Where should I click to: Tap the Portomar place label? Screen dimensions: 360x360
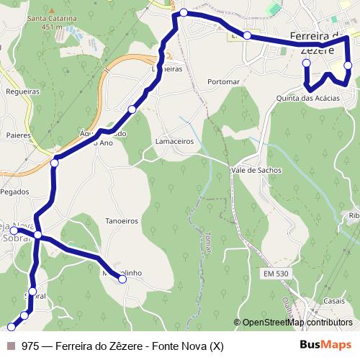click(x=222, y=82)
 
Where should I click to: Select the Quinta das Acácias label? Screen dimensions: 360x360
click(x=312, y=98)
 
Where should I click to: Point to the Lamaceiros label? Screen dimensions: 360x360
click(x=175, y=142)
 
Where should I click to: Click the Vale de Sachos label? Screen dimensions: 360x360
click(x=256, y=170)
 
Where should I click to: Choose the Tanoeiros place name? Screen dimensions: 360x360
click(x=122, y=221)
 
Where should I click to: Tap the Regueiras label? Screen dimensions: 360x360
click(x=22, y=91)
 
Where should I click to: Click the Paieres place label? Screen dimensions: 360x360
click(x=18, y=134)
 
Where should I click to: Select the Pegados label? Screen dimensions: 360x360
click(x=15, y=192)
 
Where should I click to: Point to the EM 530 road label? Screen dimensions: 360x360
click(x=275, y=274)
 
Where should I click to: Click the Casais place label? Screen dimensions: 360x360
click(x=334, y=300)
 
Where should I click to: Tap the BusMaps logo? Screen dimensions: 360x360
click(x=325, y=346)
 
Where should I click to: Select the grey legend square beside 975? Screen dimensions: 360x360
click(x=11, y=346)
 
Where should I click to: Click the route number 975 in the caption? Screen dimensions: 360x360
click(x=30, y=346)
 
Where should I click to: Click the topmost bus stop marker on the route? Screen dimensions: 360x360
click(x=184, y=12)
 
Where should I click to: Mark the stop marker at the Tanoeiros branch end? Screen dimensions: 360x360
click(x=122, y=279)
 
